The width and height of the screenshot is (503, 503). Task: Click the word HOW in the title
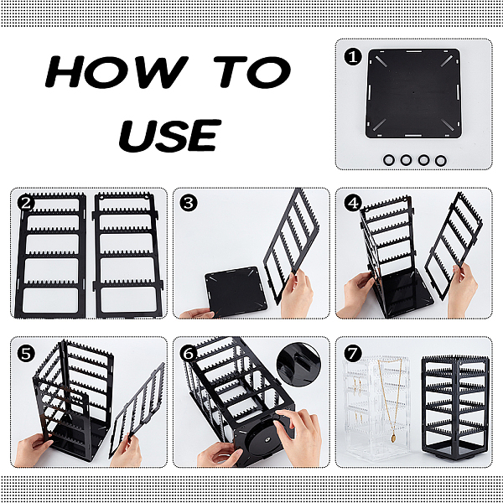click(x=117, y=71)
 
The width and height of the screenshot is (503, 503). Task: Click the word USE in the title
click(x=170, y=136)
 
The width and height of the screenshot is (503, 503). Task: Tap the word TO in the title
click(x=253, y=72)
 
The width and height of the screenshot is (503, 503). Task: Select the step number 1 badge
click(x=353, y=57)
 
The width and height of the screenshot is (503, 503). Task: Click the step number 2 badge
click(x=26, y=203)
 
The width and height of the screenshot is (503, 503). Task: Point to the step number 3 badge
click(x=189, y=203)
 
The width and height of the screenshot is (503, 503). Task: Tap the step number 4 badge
click(x=353, y=203)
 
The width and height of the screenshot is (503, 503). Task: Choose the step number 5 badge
click(x=26, y=354)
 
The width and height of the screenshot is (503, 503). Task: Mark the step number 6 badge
click(x=189, y=354)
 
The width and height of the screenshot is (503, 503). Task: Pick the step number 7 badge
click(x=353, y=354)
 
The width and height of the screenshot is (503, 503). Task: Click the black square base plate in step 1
click(x=413, y=93)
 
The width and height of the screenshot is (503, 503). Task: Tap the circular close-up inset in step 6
click(x=298, y=365)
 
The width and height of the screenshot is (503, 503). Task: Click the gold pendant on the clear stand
click(x=393, y=438)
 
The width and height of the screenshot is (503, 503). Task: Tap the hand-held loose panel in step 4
click(x=454, y=246)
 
